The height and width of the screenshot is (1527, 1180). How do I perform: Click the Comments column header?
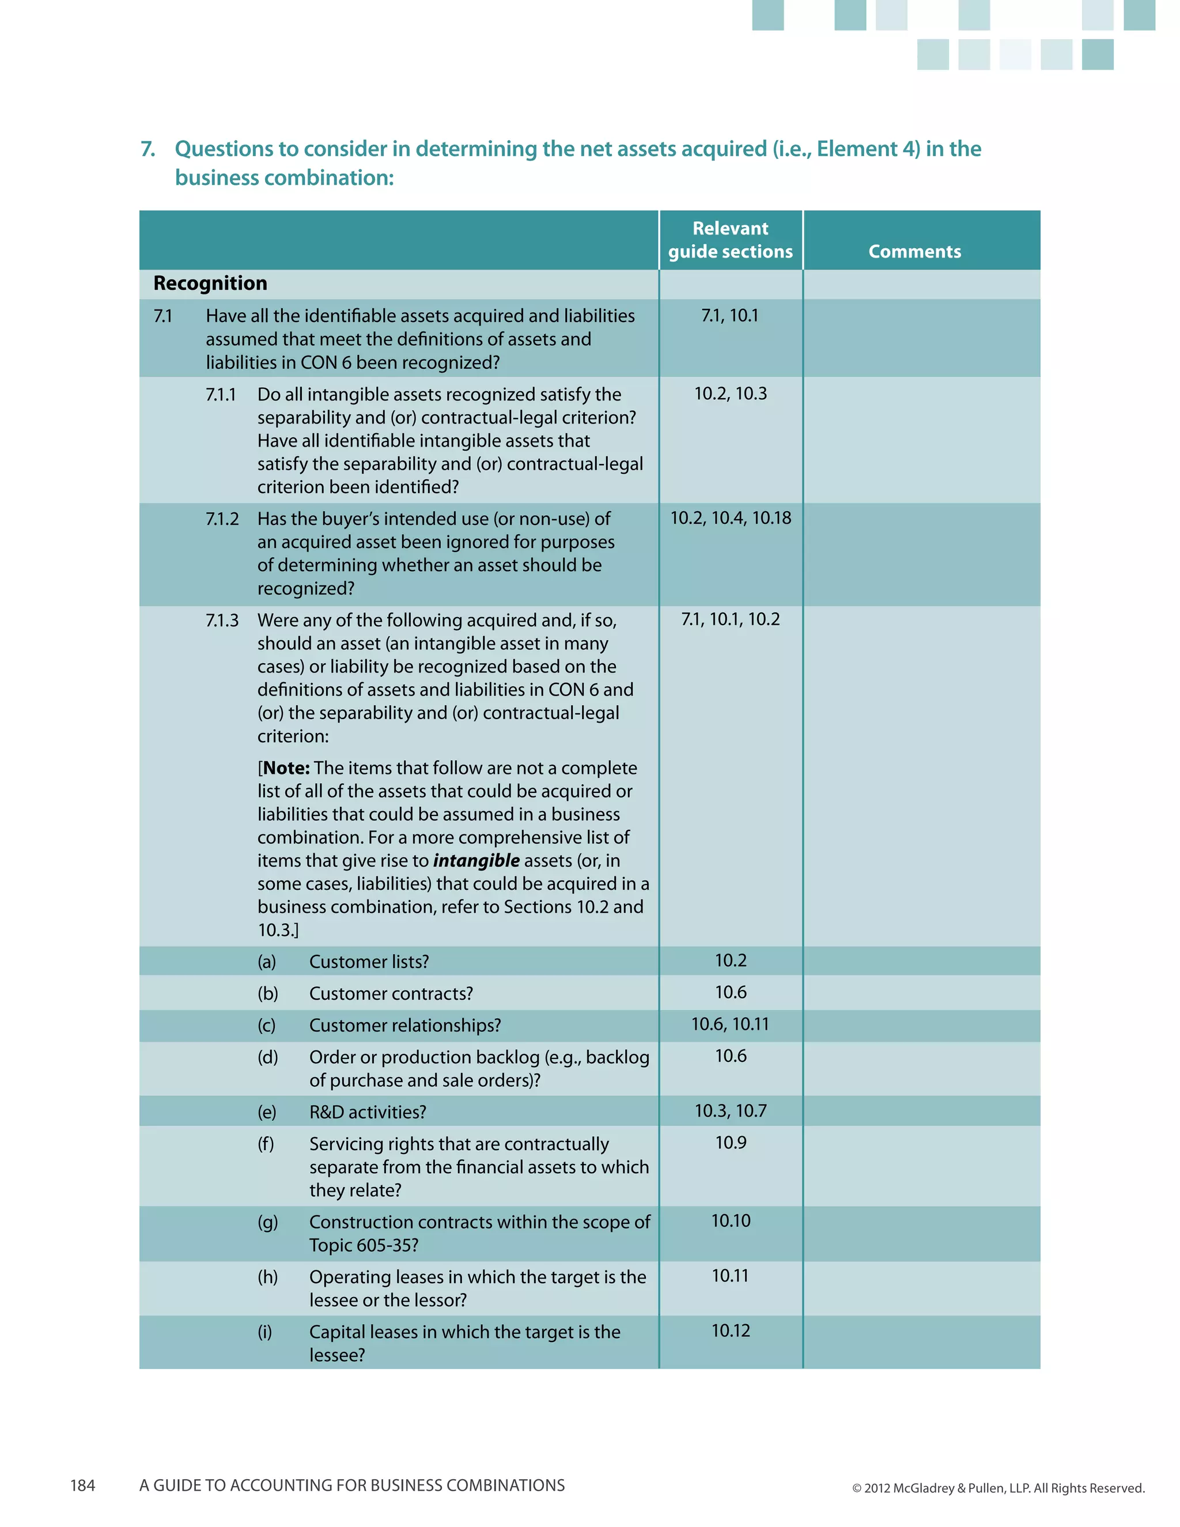[914, 252]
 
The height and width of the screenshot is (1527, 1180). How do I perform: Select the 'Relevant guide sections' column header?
[730, 240]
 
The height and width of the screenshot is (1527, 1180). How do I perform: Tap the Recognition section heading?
[210, 283]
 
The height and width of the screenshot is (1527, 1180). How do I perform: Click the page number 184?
[82, 1486]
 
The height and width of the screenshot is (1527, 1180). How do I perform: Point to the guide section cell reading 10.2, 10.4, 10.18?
[730, 518]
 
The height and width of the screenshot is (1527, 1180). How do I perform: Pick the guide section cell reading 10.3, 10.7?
[730, 1111]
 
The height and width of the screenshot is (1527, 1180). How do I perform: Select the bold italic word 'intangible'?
[476, 861]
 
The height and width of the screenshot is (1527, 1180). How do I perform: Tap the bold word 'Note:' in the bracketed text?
[286, 768]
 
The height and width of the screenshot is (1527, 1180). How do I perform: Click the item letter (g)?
[267, 1222]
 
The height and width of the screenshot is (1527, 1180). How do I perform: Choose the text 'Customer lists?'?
[368, 962]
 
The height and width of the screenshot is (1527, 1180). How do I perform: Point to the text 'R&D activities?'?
[367, 1112]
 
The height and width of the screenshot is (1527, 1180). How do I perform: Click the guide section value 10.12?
[730, 1331]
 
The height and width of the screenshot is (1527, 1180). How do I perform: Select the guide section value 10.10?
[730, 1222]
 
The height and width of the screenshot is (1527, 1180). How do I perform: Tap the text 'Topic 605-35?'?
[364, 1245]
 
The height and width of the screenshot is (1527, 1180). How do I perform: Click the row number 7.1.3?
[222, 621]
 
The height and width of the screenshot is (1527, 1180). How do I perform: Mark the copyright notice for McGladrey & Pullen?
[997, 1488]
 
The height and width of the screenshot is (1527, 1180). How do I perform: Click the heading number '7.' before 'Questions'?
[147, 149]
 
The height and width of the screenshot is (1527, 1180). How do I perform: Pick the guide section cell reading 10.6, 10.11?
[730, 1025]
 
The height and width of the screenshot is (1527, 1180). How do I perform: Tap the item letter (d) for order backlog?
[267, 1057]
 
